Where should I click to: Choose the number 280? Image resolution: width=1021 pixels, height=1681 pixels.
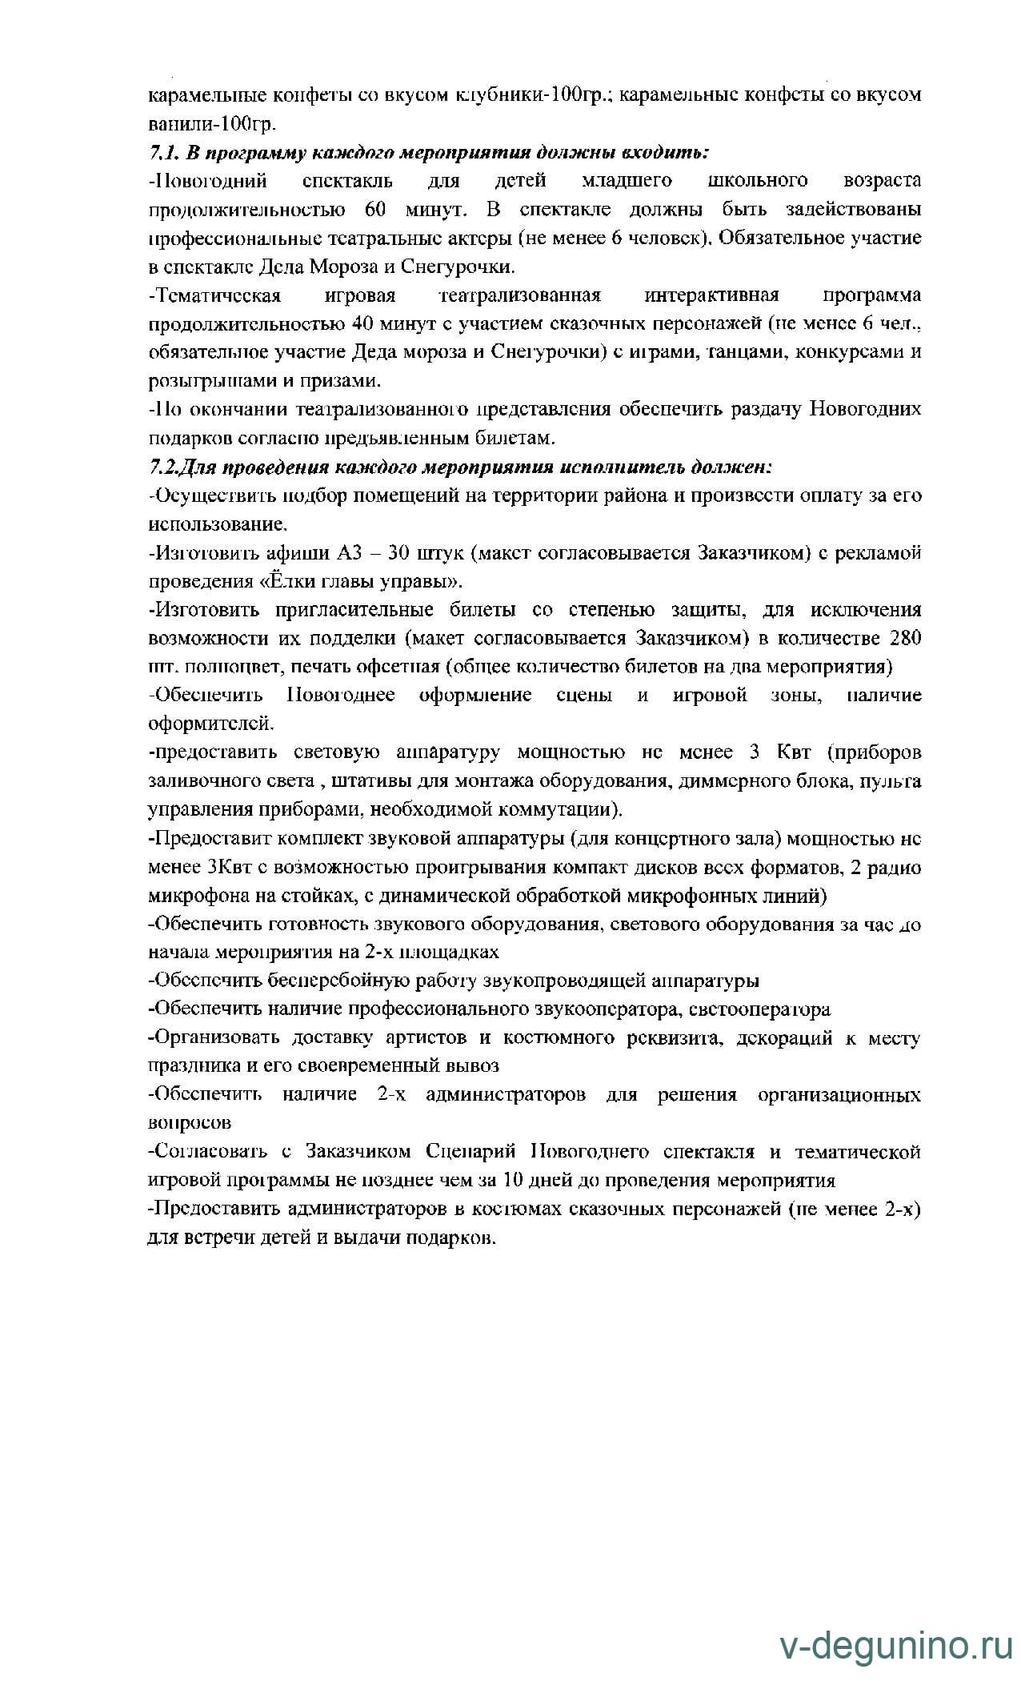905,639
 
